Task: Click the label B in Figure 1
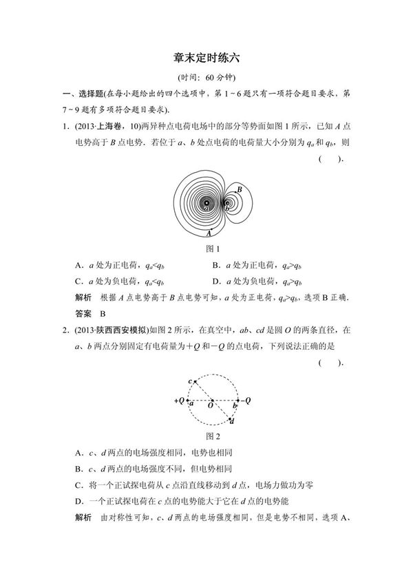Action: click(239, 189)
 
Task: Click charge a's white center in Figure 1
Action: click(206, 202)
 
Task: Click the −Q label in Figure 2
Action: click(246, 400)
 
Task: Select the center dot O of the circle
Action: click(212, 400)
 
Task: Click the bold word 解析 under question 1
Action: click(83, 297)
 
